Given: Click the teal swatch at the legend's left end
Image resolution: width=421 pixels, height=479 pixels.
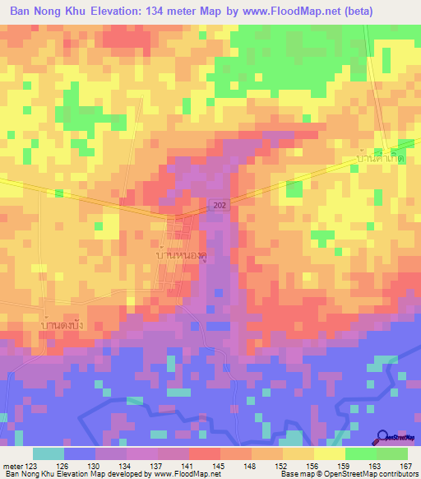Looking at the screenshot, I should [x=49, y=453].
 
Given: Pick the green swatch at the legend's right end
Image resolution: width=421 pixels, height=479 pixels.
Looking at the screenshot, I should [x=392, y=453].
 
